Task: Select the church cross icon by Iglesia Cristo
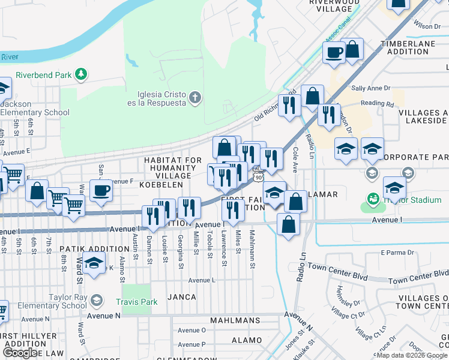pyautogui.click(x=194, y=98)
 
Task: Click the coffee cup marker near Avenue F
pyautogui.click(x=100, y=191)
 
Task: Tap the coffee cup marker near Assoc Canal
pyautogui.click(x=334, y=52)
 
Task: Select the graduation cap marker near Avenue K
pyautogui.click(x=94, y=264)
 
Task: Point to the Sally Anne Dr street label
pyautogui.click(x=370, y=88)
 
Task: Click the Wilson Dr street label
pyautogui.click(x=427, y=26)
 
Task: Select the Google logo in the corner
pyautogui.click(x=20, y=353)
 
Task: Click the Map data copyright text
pyautogui.click(x=412, y=355)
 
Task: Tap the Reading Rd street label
pyautogui.click(x=377, y=103)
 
